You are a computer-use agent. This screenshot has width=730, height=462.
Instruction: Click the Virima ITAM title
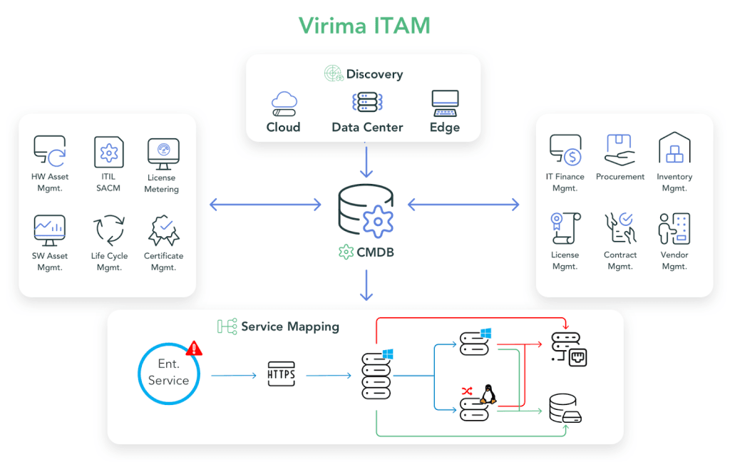(x=364, y=26)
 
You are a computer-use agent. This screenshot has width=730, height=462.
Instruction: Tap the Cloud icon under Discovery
(x=284, y=103)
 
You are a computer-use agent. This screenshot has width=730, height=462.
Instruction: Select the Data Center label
(x=367, y=128)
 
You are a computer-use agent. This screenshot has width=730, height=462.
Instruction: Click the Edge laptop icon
(x=445, y=103)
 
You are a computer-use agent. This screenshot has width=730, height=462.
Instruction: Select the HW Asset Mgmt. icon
(x=50, y=150)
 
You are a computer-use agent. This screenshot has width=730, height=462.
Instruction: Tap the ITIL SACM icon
(x=108, y=152)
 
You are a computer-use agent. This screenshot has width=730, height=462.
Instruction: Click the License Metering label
(x=163, y=183)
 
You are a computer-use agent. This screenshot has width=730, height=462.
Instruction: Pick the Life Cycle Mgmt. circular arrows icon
(x=109, y=230)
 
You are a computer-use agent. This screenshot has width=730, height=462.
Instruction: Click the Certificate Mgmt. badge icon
(x=163, y=230)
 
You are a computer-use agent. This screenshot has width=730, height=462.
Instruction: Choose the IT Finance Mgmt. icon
(x=565, y=150)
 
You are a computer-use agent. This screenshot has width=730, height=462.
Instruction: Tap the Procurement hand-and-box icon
(x=620, y=150)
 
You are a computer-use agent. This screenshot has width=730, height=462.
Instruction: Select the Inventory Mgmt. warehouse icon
(x=674, y=148)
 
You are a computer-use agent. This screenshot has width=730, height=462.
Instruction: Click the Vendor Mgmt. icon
(x=674, y=229)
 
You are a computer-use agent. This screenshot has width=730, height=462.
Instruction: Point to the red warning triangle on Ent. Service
(x=194, y=348)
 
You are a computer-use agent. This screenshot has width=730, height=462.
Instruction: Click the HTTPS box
(x=280, y=374)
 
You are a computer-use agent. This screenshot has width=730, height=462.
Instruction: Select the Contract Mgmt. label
(x=620, y=260)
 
